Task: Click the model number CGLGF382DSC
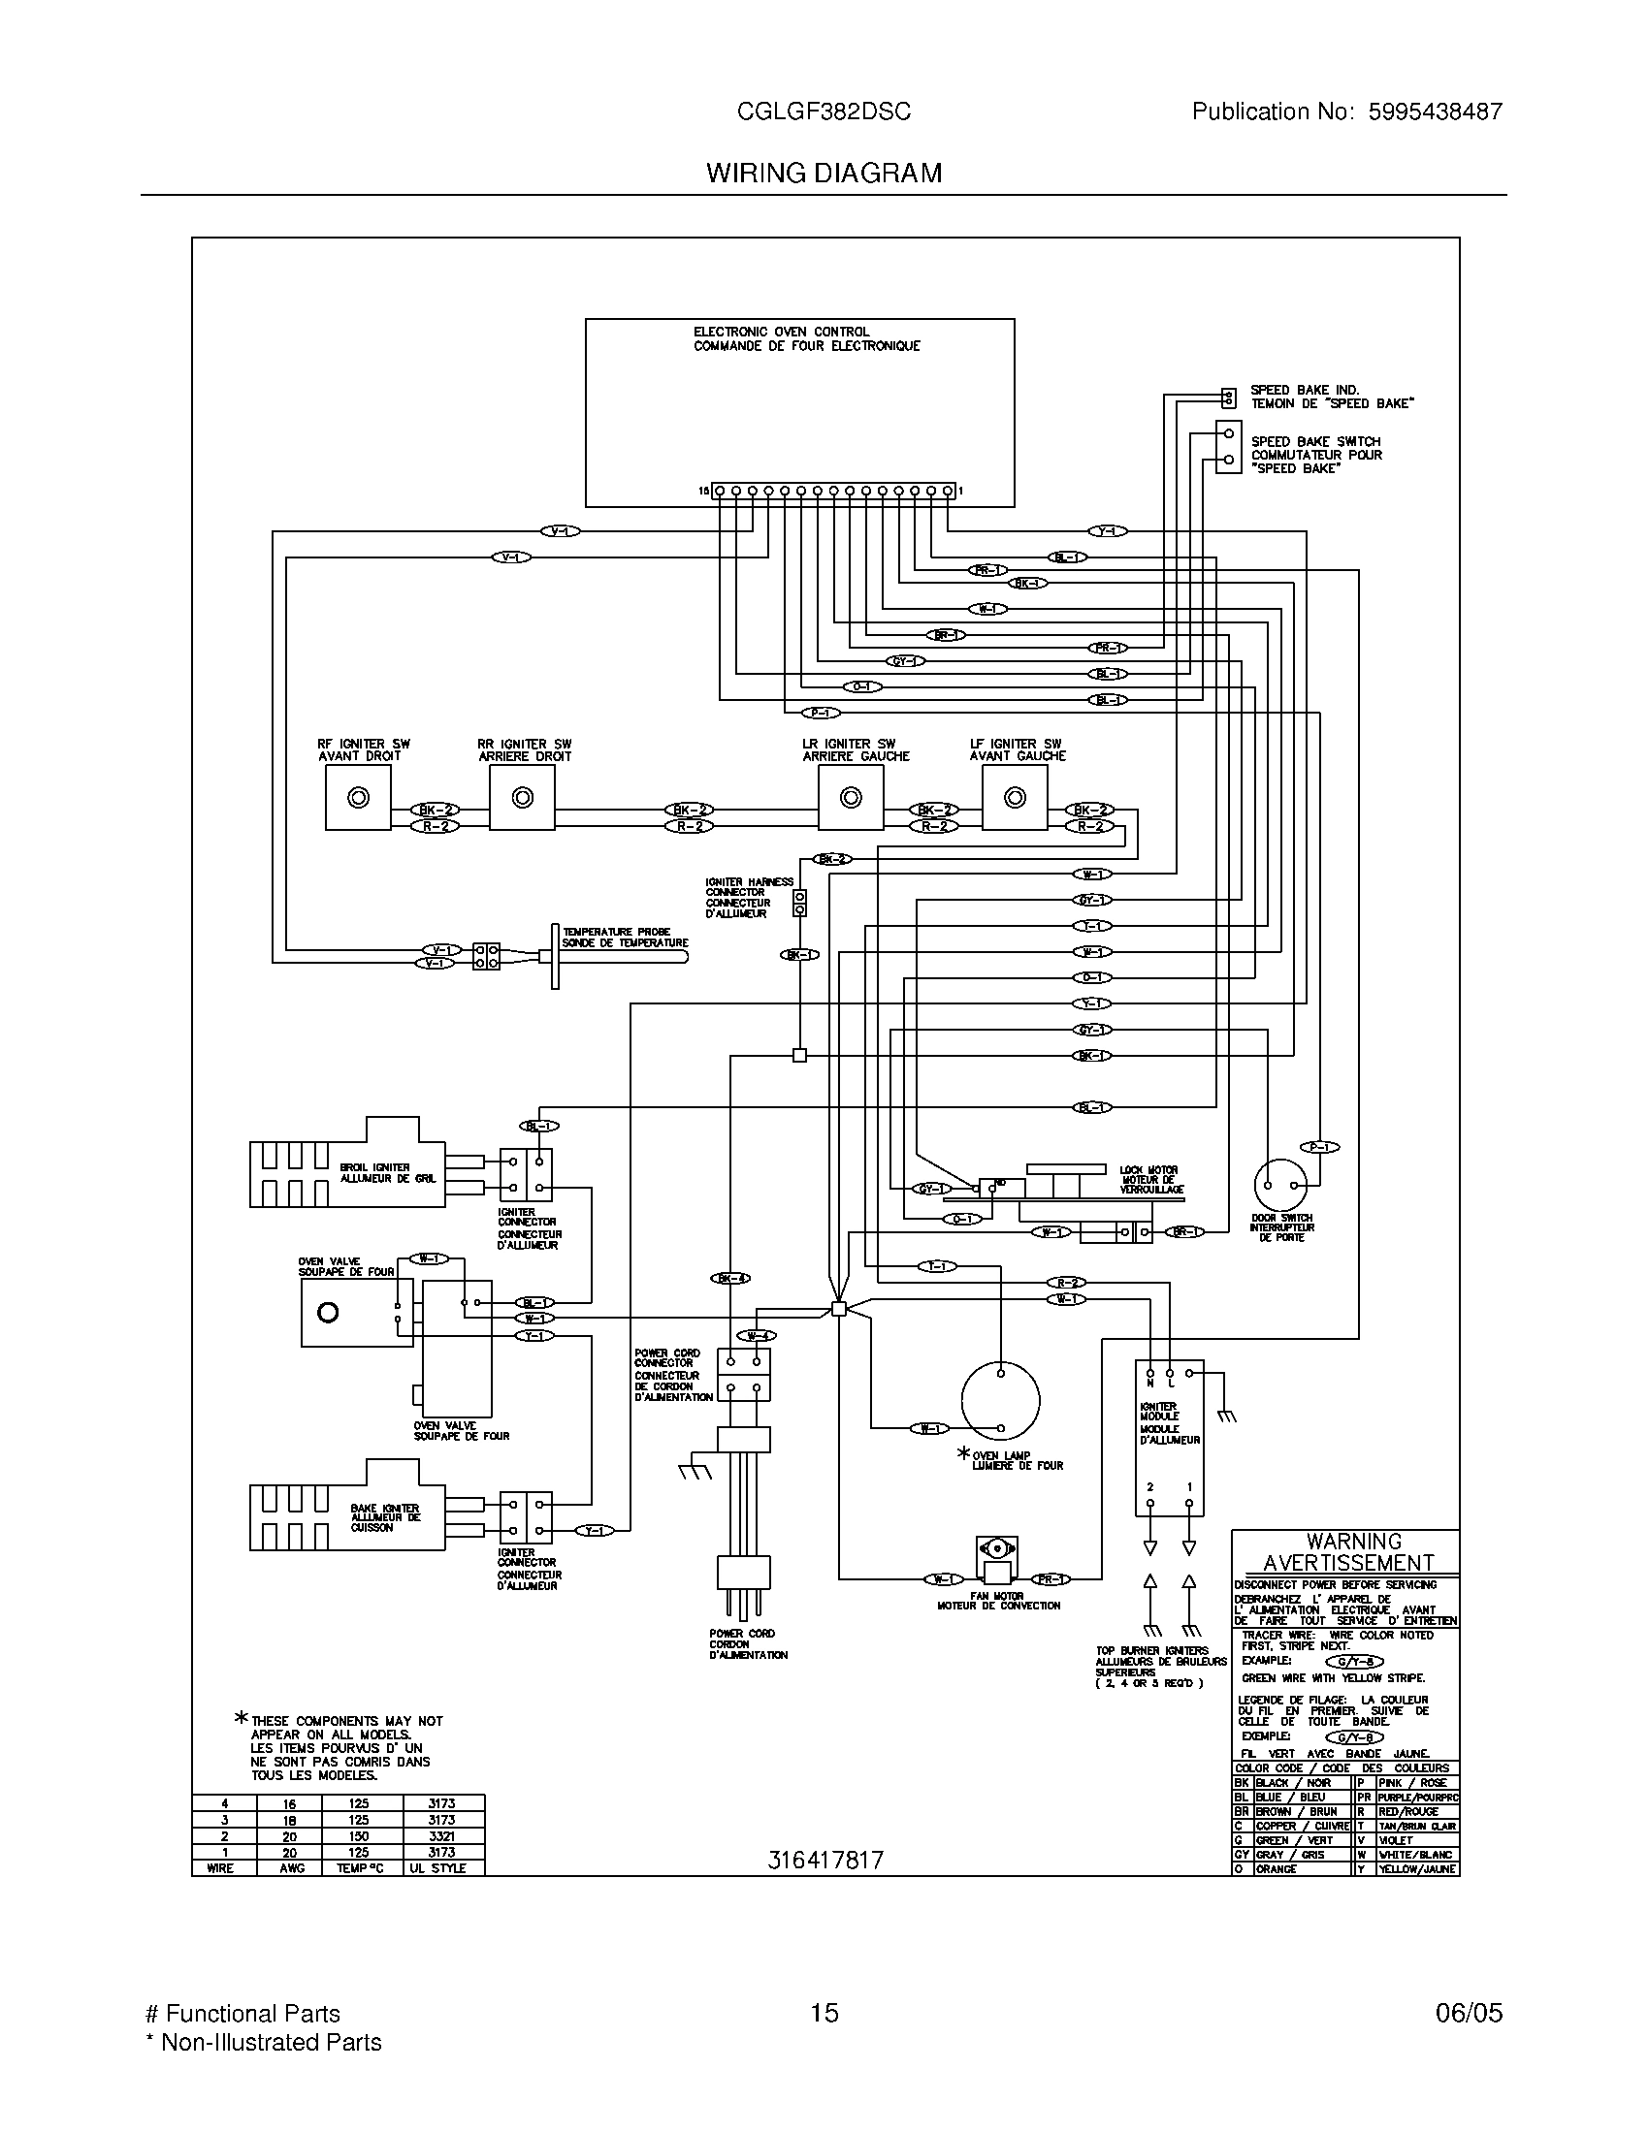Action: [824, 112]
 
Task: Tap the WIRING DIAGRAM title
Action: [824, 174]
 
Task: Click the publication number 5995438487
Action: [1434, 112]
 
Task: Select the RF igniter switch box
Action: [359, 797]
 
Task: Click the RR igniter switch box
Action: [523, 797]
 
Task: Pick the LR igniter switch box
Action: [851, 797]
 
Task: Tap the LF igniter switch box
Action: [1015, 797]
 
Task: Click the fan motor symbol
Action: [996, 1560]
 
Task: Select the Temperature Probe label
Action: [626, 938]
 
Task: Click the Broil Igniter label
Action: [389, 1173]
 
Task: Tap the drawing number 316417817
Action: [824, 1860]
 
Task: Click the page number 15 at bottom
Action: [824, 2013]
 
